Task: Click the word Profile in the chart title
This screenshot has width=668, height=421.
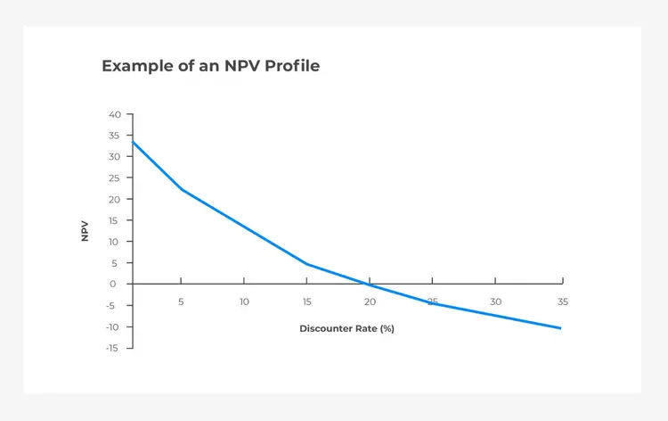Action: (292, 66)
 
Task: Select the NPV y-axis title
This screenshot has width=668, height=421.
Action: (85, 231)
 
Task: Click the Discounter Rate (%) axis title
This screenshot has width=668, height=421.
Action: (346, 328)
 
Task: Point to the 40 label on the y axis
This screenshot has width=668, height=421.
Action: (115, 114)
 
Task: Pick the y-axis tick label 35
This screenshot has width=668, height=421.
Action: (114, 136)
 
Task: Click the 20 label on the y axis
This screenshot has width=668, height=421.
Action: (114, 199)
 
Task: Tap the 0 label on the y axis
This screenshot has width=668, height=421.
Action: (112, 284)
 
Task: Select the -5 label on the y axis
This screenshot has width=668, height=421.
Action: (110, 306)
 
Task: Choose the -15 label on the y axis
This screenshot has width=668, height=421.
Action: (112, 348)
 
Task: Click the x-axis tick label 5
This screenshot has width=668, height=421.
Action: (181, 302)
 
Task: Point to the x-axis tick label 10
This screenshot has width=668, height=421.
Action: (244, 302)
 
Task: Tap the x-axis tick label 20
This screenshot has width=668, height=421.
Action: (370, 302)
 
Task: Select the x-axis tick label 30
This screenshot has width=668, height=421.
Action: (495, 302)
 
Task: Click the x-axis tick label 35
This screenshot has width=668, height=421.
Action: (563, 302)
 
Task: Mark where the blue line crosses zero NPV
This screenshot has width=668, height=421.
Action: (367, 284)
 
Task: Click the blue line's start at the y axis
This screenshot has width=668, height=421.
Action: (133, 142)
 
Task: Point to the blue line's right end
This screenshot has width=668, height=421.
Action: (560, 328)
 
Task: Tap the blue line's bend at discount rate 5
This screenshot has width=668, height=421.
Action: (183, 189)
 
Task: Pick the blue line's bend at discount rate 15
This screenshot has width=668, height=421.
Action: (306, 264)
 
